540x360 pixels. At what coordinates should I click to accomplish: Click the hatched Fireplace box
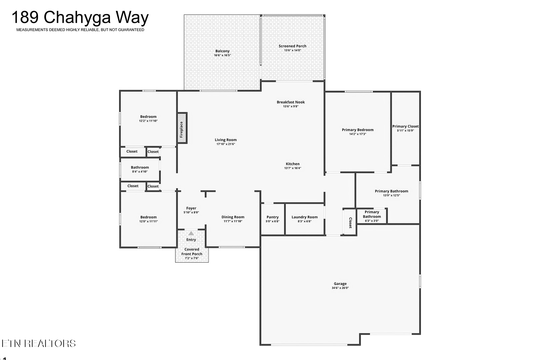[x=182, y=128]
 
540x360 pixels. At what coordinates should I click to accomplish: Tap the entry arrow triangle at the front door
[x=191, y=233]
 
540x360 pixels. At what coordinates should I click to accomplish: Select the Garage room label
[x=340, y=284]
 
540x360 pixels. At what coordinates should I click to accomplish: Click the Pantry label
[x=273, y=217]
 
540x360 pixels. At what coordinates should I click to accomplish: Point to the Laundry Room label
[x=304, y=217]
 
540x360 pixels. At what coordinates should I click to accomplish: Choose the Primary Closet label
[x=405, y=126]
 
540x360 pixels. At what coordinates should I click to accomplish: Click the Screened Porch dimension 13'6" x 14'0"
[x=292, y=50]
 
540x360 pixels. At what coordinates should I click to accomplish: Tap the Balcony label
[x=222, y=51]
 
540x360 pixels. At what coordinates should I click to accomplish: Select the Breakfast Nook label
[x=291, y=102]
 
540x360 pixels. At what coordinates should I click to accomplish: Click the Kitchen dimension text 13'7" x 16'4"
[x=293, y=168]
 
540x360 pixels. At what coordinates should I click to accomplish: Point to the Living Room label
[x=226, y=140]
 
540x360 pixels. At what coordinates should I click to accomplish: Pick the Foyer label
[x=191, y=208]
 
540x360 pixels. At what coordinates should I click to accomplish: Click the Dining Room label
[x=233, y=217]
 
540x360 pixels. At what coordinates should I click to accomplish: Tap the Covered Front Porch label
[x=192, y=251]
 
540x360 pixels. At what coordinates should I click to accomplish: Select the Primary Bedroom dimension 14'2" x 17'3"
[x=358, y=134]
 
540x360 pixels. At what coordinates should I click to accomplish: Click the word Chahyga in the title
[x=77, y=18]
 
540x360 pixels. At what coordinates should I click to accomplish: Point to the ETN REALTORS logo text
[x=39, y=344]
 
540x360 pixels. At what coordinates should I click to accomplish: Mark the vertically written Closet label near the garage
[x=351, y=223]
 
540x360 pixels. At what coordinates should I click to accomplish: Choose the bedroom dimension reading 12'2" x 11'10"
[x=148, y=121]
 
